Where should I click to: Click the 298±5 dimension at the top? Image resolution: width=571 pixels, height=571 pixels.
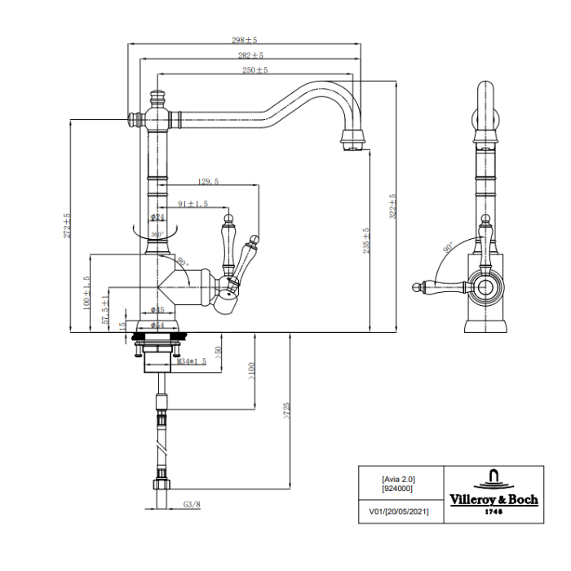245,39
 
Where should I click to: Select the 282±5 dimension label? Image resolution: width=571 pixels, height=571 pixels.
250,55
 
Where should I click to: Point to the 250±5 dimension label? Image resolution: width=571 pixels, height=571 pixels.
255,71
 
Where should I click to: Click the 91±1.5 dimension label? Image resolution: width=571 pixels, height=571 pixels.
193,203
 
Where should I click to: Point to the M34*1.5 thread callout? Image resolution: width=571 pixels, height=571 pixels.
192,361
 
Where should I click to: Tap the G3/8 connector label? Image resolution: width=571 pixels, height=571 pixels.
191,504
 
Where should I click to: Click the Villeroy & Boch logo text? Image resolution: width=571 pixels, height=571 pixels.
494,499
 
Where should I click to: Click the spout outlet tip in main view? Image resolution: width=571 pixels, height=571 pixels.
351,148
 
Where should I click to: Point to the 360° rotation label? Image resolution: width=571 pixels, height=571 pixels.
157,233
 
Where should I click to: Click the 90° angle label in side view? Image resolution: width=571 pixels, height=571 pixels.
447,247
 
